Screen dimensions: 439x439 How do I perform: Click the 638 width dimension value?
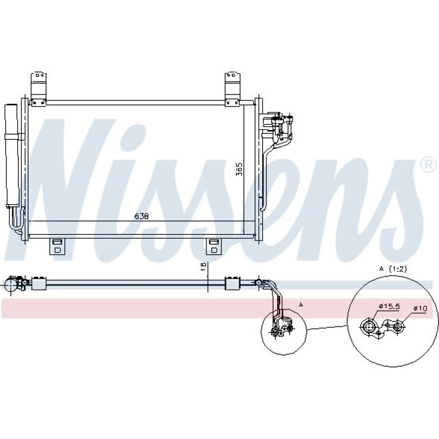tap(141, 216)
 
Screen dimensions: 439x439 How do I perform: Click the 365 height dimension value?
tap(239, 169)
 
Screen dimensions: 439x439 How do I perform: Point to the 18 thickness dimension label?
tap(204, 266)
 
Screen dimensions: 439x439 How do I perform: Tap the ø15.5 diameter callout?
tap(389, 306)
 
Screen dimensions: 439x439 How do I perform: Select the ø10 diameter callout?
tap(420, 308)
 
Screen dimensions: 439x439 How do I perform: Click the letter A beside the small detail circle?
tap(301, 304)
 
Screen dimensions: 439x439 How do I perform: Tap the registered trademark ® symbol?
tap(429, 165)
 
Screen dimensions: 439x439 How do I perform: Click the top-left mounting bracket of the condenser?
tap(38, 90)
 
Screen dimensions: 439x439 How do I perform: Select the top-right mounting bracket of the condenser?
tap(233, 90)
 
